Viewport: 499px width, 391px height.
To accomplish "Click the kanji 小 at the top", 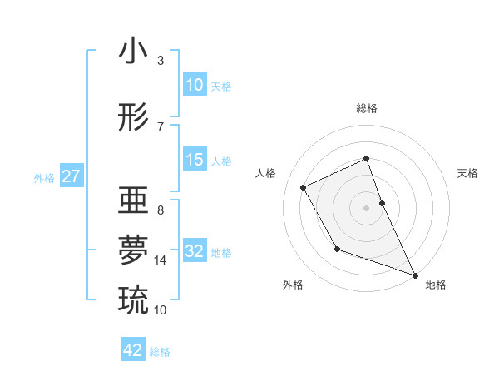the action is (134, 52).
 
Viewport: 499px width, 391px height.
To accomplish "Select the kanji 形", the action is (134, 117).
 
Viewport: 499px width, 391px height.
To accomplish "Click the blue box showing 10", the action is (195, 85).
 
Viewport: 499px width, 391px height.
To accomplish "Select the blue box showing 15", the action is (195, 160).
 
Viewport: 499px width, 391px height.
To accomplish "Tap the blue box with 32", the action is (195, 251).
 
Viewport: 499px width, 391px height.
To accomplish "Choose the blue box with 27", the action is (71, 176).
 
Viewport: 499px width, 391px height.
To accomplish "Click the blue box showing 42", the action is (133, 350).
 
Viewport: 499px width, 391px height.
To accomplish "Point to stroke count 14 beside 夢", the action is (161, 260).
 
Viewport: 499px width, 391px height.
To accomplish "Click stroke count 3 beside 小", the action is (161, 61).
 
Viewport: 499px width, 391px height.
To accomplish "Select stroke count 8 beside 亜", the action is (161, 210).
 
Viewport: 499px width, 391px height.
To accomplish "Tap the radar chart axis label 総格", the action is (366, 108).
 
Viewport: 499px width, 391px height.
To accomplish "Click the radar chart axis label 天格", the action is (468, 173).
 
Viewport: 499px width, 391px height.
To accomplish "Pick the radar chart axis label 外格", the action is (293, 285).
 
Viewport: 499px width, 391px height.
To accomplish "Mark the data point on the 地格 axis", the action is (415, 275).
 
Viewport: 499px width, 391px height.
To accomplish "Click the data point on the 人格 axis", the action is (304, 187).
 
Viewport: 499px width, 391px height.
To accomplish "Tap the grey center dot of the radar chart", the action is (366, 207).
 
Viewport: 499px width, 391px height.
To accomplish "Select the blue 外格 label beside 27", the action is (44, 177).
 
